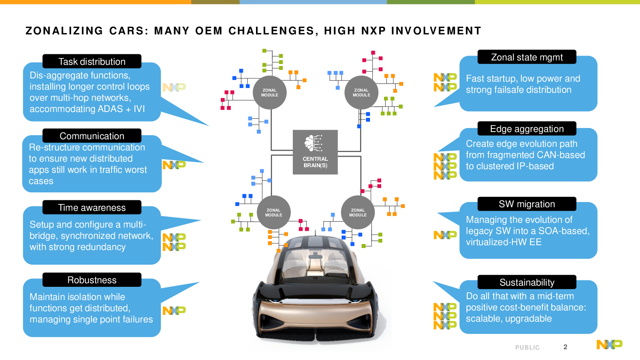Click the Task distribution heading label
tap(92, 62)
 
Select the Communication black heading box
tap(92, 136)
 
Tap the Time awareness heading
tap(92, 208)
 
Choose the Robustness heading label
tap(92, 280)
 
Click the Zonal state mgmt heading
tap(527, 57)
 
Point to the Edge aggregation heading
tap(527, 128)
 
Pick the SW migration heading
tap(527, 204)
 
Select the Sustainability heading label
tap(527, 282)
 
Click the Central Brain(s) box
tap(315, 152)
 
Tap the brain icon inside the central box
tap(314, 143)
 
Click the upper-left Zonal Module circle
tap(270, 92)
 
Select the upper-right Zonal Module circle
tap(362, 92)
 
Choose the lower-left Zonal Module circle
tap(274, 212)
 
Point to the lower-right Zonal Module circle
tap(358, 212)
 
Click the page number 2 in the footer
tap(565, 347)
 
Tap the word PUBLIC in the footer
tap(528, 348)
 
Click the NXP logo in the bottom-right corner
tap(610, 344)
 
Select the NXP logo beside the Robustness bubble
tap(174, 310)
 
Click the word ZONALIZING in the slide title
tap(64, 31)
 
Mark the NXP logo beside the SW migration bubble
tap(445, 235)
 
